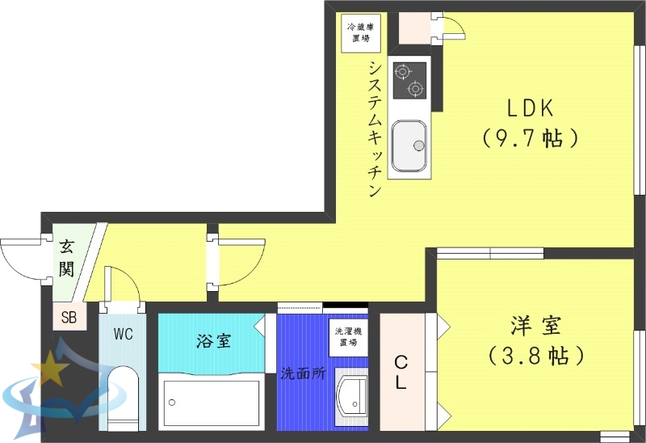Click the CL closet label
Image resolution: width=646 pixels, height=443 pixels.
(x=401, y=372)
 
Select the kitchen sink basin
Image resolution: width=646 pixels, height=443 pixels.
(x=409, y=145)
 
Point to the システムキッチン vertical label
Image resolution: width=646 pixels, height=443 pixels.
(x=374, y=129)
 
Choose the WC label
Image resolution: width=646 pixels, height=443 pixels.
(x=123, y=333)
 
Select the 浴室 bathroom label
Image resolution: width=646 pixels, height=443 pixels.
(x=213, y=340)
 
